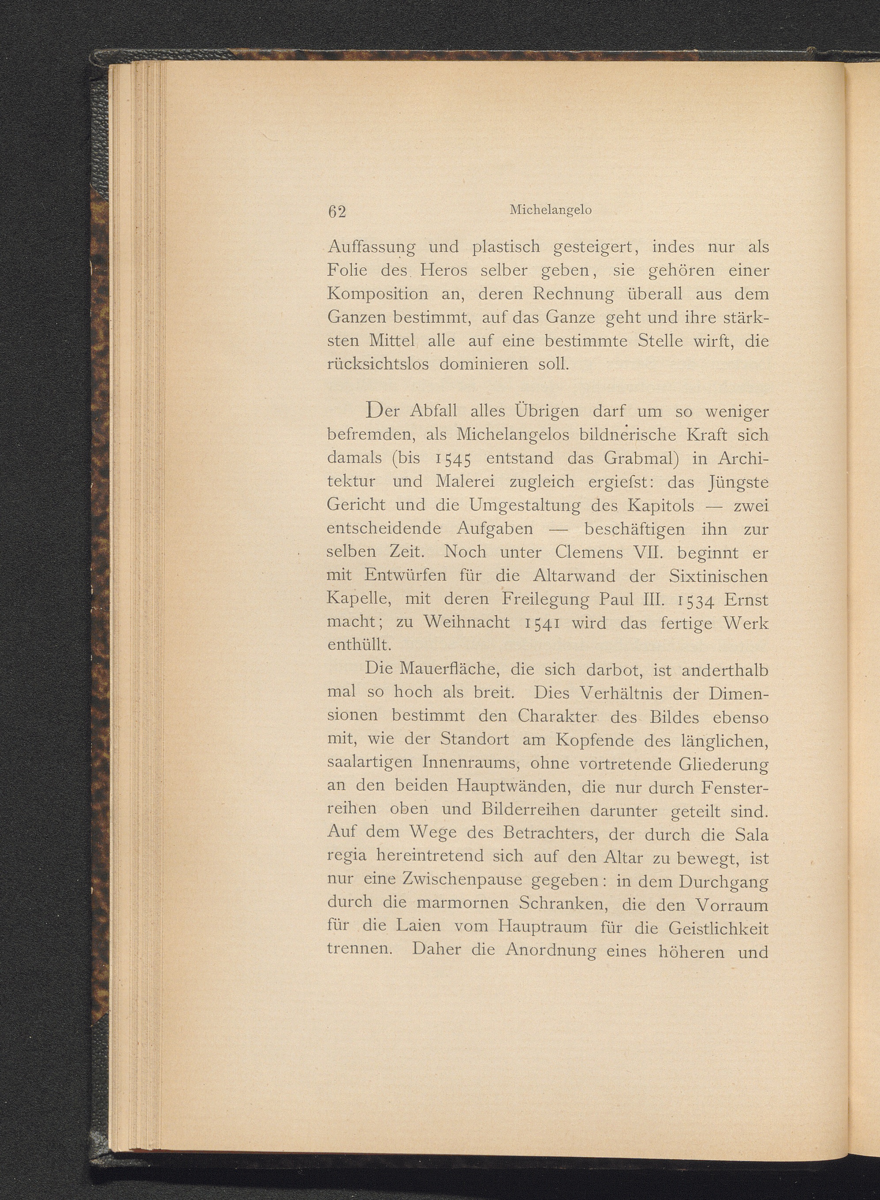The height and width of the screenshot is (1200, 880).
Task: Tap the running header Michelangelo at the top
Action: pos(550,210)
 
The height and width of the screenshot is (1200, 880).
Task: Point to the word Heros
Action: pos(443,271)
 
